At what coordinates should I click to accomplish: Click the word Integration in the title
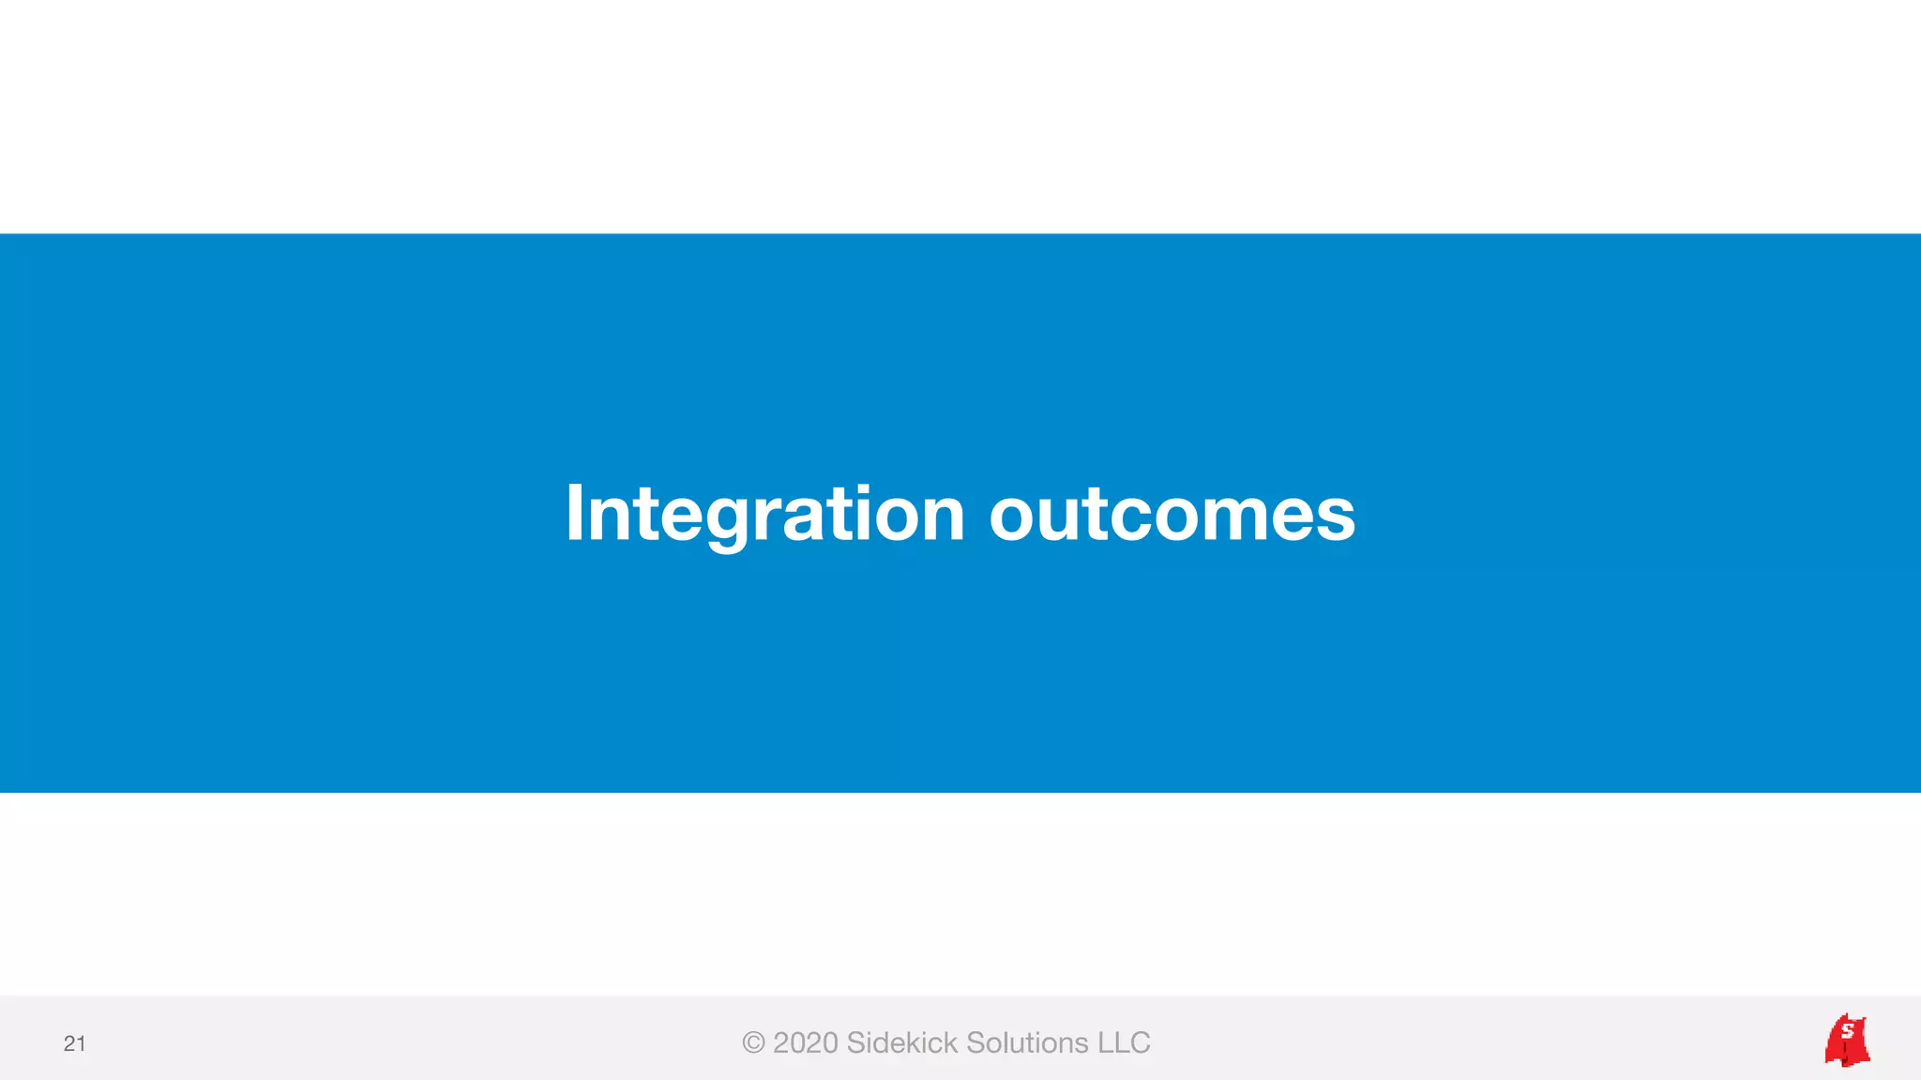(x=764, y=514)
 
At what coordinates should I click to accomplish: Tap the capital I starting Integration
(x=575, y=514)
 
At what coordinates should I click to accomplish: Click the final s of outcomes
(x=1335, y=517)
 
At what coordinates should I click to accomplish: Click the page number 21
(x=74, y=1043)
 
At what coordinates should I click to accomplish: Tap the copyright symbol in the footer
(x=752, y=1042)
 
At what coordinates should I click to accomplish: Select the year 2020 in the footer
(x=805, y=1042)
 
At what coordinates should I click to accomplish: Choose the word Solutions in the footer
(x=1027, y=1042)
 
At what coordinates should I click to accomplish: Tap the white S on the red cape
(x=1847, y=1031)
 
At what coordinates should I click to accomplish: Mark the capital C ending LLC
(x=1140, y=1042)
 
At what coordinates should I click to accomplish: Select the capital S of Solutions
(x=976, y=1042)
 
